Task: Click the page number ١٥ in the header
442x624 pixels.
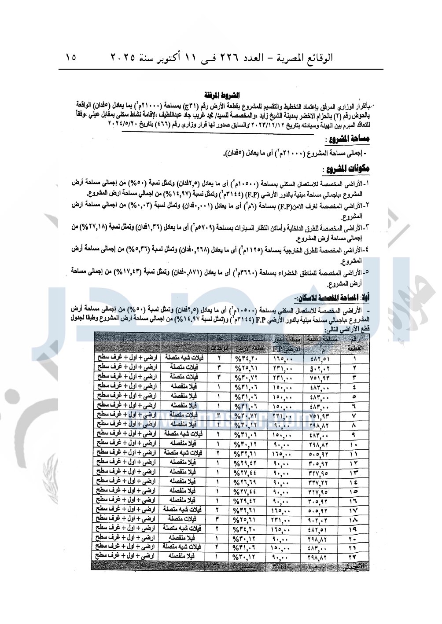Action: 71,57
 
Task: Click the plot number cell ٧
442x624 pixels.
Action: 355,416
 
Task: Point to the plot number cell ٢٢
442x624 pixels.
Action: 355,557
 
